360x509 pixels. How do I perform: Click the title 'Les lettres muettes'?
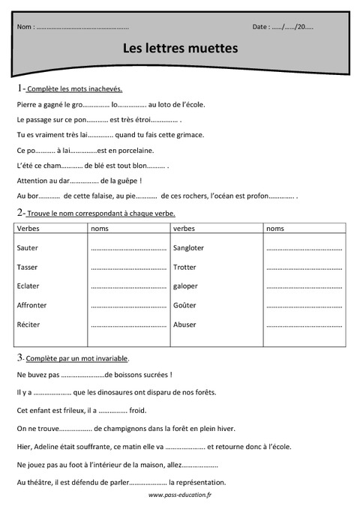180,48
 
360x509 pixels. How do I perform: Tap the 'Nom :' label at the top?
25,27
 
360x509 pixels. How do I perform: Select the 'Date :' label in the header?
261,27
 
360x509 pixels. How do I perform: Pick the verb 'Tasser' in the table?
27,267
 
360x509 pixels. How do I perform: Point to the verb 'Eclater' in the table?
28,286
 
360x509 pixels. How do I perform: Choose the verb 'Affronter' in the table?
31,305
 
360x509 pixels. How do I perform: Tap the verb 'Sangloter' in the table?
188,247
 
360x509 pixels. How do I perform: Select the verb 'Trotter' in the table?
184,267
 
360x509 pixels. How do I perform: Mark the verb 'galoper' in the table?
185,286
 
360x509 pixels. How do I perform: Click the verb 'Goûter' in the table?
184,305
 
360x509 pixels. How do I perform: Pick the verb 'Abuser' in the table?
184,325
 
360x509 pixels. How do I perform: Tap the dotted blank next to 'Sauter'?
127,248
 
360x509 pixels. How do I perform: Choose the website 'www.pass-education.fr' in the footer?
180,496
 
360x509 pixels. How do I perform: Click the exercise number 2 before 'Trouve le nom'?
19,213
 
